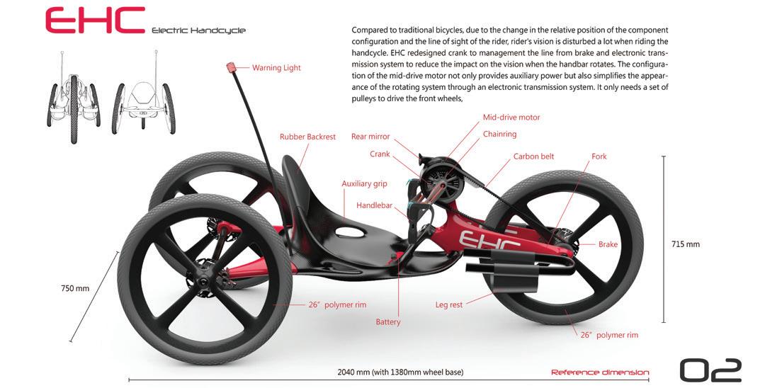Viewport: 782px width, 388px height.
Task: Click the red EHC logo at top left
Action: tap(95, 21)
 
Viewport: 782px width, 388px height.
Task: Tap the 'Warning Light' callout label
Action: tap(276, 68)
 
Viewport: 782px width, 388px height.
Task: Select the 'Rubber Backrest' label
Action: tap(307, 137)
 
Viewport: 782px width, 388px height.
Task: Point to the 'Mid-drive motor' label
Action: tap(511, 118)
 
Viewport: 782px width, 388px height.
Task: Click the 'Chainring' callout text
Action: tap(500, 134)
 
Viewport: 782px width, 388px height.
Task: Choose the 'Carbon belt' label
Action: tap(533, 156)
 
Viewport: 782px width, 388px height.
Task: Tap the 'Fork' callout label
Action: tap(599, 156)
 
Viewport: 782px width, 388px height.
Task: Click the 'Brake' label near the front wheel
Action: tap(608, 245)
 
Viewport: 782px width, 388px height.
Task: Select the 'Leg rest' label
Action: tap(448, 305)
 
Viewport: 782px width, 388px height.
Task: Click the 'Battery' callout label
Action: tap(388, 322)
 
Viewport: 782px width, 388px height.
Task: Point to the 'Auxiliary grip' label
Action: tap(364, 183)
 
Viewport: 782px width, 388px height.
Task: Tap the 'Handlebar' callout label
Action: tap(374, 205)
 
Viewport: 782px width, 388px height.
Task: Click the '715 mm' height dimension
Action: tap(685, 244)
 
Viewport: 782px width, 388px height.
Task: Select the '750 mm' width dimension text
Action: tap(75, 288)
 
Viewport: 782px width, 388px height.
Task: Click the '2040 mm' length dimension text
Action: tap(400, 372)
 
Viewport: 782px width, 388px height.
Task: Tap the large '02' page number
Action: tap(710, 370)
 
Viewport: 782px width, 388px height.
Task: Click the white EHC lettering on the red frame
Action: tap(489, 239)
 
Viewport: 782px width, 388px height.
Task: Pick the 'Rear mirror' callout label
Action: tap(370, 137)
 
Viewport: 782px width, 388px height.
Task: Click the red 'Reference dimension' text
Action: tap(599, 372)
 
